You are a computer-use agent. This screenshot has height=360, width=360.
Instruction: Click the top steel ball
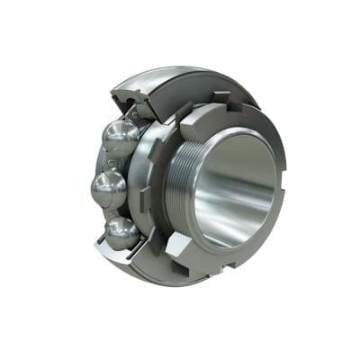tap(120, 138)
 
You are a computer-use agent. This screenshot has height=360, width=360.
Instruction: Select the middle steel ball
tap(108, 189)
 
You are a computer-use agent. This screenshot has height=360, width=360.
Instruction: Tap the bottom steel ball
tap(121, 231)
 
